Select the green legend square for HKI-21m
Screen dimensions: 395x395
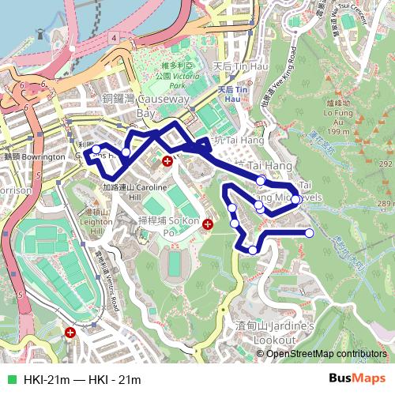pos(11,380)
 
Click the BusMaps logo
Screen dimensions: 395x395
pos(356,379)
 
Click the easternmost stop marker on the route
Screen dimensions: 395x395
pos(309,232)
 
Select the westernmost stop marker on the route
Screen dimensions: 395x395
pos(96,149)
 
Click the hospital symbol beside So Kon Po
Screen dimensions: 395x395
pos(207,224)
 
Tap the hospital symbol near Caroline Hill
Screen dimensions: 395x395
pos(167,161)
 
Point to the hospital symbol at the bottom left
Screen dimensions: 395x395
pos(71,333)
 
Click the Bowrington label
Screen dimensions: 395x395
pos(36,157)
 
